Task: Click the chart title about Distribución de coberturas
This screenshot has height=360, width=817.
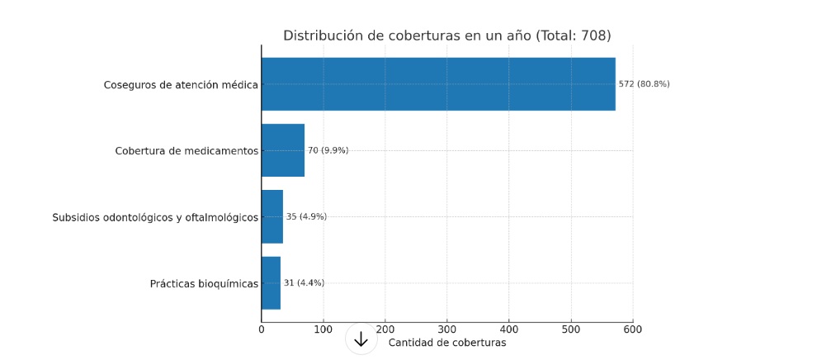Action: (446, 36)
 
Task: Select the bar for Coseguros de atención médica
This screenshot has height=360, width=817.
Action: (438, 84)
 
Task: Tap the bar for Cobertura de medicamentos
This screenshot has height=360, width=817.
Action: (283, 150)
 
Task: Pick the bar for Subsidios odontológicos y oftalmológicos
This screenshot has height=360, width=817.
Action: (272, 216)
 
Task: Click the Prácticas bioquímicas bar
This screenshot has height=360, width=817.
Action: (271, 283)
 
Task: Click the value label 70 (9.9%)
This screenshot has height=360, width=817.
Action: (328, 150)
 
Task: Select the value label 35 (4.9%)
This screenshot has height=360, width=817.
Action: (306, 216)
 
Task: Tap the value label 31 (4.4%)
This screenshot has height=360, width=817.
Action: (304, 283)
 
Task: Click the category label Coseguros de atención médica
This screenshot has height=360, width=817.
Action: (181, 84)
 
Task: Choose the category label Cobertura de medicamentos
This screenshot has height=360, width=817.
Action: (187, 150)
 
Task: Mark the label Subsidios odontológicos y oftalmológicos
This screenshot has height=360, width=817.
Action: (155, 217)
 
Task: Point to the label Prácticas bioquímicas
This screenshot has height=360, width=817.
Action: (204, 284)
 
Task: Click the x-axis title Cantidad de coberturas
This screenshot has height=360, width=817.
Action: (446, 343)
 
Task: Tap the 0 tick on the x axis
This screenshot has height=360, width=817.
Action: (262, 329)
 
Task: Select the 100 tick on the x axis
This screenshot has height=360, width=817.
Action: (323, 329)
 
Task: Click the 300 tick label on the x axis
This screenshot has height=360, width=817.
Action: (447, 329)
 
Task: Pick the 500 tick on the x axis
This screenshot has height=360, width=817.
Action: (571, 329)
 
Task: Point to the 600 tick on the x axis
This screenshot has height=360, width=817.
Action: (633, 329)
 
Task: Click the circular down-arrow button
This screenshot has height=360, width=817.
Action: (361, 339)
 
